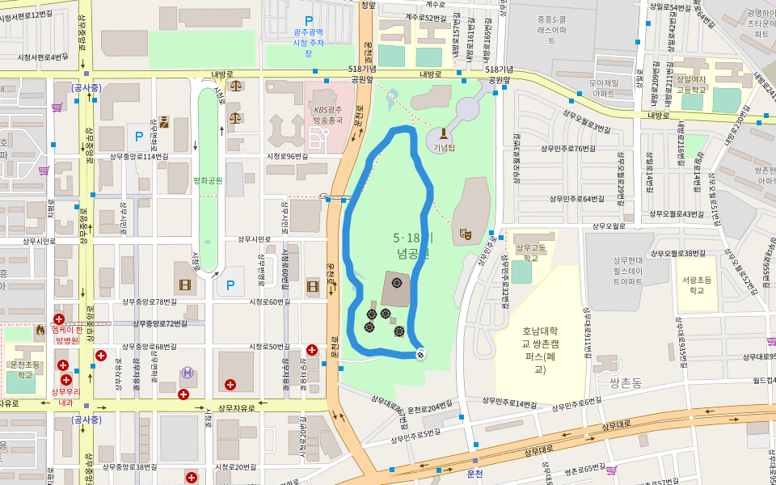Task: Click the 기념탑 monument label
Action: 444,147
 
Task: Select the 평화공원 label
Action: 208,180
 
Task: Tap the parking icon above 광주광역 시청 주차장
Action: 307,20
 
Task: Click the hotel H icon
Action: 188,373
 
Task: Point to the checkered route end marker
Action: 420,353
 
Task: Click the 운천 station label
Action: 474,474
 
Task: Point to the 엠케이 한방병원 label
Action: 68,334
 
